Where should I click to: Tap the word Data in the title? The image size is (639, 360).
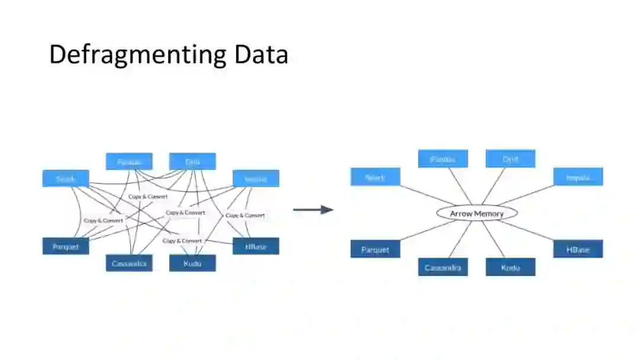[261, 54]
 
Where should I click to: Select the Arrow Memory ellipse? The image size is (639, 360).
[477, 213]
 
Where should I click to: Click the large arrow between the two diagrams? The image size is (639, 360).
[313, 209]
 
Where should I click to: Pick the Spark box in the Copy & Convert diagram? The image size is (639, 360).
[66, 178]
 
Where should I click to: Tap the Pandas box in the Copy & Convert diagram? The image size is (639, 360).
[129, 161]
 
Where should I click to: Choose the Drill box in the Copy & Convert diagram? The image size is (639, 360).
[192, 161]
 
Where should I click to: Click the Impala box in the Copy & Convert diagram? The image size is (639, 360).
[256, 178]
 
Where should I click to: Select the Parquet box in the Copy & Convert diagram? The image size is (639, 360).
[66, 246]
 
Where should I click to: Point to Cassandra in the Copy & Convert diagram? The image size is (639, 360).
[129, 263]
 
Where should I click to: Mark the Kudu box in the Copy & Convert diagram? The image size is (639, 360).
[192, 263]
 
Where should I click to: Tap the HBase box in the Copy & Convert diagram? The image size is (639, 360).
[256, 246]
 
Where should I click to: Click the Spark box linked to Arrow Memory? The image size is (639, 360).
[375, 176]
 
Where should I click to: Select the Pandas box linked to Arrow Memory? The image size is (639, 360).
[443, 159]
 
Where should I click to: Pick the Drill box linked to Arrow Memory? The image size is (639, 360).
[511, 159]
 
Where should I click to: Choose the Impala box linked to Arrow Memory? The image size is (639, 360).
[578, 176]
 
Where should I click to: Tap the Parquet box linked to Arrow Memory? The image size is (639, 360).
[375, 249]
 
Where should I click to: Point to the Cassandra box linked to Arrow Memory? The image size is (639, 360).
[443, 267]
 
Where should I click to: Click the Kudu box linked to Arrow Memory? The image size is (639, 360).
[511, 267]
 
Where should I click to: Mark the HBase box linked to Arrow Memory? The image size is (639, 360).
[578, 249]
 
